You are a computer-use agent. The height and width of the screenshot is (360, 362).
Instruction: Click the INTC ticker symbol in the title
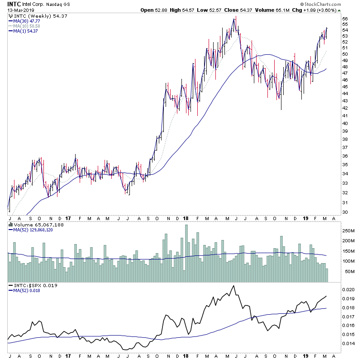(x=14, y=4)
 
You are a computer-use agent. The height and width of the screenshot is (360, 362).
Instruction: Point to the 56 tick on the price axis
(x=345, y=19)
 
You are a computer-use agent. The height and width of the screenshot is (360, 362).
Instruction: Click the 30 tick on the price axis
(x=345, y=212)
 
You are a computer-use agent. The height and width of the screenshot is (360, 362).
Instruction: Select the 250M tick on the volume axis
(x=348, y=230)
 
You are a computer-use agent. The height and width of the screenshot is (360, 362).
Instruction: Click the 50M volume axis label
(x=347, y=272)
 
